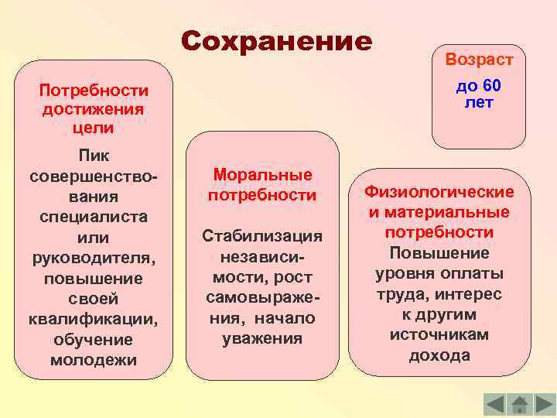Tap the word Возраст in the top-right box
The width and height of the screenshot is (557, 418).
tap(479, 60)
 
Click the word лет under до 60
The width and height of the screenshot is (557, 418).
tap(479, 102)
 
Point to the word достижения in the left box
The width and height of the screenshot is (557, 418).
tap(93, 108)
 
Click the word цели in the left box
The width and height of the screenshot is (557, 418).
tap(93, 127)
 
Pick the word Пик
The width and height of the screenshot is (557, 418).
tap(93, 156)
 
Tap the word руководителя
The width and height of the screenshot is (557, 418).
tap(93, 257)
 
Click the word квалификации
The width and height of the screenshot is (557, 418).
tap(93, 319)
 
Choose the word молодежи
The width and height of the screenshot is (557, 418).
tap(93, 360)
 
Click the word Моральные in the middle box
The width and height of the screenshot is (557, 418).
tap(262, 175)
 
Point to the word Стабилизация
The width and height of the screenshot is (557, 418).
tap(262, 235)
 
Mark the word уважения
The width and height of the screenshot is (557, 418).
tap(262, 338)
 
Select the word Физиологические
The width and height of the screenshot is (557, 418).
tap(439, 191)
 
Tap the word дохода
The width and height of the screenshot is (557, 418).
tap(439, 355)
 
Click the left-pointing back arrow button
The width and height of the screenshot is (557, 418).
tap(495, 403)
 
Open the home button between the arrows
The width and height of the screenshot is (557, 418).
tap(520, 403)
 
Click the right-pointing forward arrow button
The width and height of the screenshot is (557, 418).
tap(545, 403)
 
